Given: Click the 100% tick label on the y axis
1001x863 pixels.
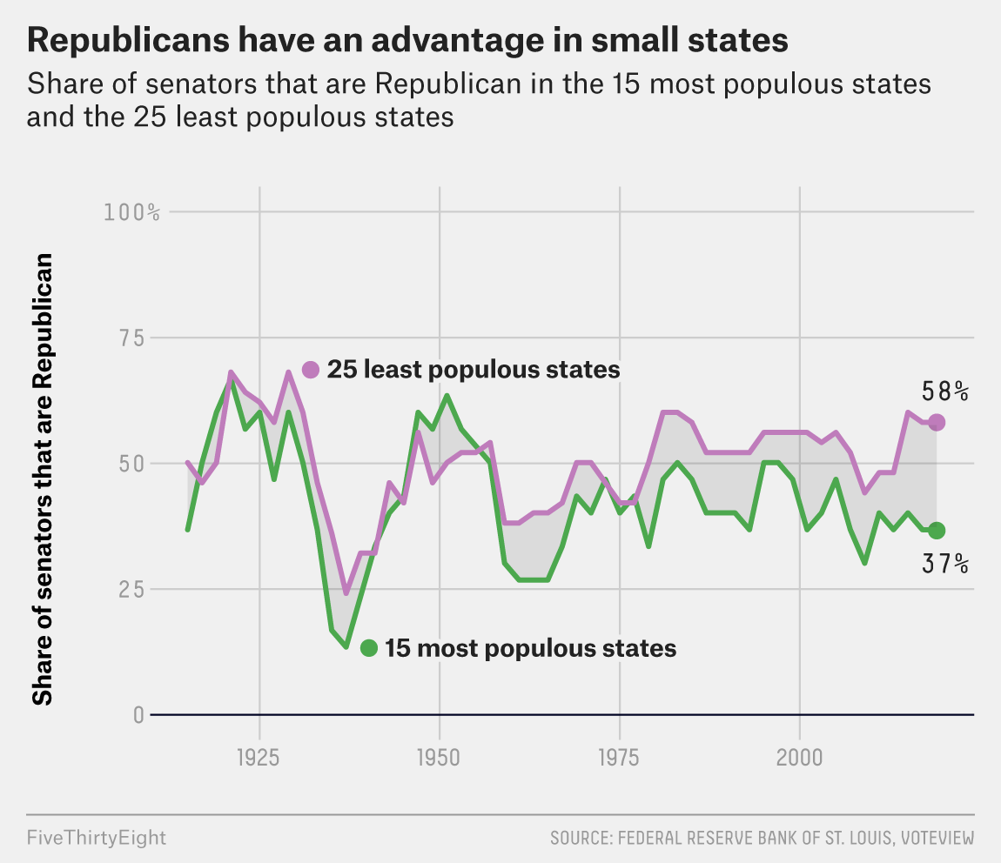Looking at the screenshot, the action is point(131,212).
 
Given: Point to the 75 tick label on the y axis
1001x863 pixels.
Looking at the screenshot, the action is point(132,338).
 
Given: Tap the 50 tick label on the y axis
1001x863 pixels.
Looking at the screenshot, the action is point(131,464).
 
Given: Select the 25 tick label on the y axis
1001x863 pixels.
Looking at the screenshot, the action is point(131,589).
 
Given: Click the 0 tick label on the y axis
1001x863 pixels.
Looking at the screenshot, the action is point(138,715).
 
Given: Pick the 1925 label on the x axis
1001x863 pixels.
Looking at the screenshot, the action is point(259,758).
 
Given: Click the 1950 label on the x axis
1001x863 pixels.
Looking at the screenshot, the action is point(439,758).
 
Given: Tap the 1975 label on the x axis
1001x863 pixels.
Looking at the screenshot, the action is point(619,758).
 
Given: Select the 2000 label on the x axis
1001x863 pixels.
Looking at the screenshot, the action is point(799,758).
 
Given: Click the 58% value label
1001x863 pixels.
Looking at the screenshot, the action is point(944,391).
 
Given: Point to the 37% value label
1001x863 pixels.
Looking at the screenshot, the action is point(944,564).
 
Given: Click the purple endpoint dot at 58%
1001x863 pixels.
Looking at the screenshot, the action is point(937,422).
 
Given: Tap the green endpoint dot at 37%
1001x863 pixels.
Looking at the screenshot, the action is point(937,530).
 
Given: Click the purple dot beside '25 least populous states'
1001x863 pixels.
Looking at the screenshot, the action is point(310,370).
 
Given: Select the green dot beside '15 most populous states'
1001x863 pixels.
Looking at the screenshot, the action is point(369,648).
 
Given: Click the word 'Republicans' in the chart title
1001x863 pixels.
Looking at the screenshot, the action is point(128,41).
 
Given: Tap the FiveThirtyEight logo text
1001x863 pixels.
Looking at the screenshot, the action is point(97,838).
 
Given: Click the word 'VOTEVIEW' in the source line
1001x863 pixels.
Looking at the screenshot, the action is point(937,838).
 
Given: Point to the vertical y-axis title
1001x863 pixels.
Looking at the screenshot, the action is point(42,479).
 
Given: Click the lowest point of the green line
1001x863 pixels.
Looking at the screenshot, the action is point(346,647).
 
